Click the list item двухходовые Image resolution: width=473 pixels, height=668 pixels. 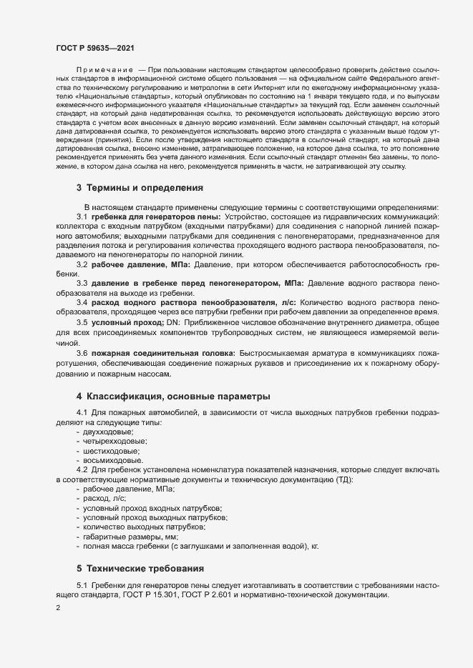point(108,432)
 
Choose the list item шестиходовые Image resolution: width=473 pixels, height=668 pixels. point(111,451)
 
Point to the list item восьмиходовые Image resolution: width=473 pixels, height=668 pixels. point(112,460)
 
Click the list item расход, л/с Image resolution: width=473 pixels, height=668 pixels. point(105,498)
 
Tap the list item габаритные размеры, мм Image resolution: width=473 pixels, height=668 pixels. point(130,536)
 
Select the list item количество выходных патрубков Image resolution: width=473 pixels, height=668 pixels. point(144,527)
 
